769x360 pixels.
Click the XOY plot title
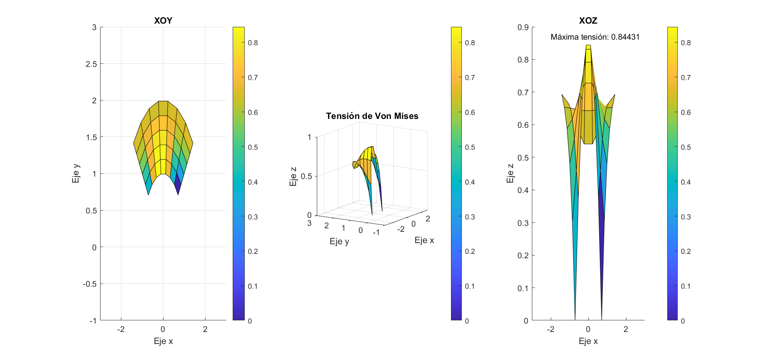point(163,21)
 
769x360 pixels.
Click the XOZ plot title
point(588,21)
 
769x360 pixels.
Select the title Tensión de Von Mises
point(372,116)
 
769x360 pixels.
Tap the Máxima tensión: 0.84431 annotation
point(595,37)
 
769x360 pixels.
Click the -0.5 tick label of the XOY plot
point(90,284)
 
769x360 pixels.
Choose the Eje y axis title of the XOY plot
point(76,173)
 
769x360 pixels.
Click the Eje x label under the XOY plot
point(163,341)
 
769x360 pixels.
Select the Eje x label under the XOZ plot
point(588,341)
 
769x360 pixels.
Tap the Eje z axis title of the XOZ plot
point(510,173)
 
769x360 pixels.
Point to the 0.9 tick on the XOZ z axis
point(523,27)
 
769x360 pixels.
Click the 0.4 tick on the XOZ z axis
point(523,190)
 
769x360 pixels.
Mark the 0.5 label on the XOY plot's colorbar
point(253,147)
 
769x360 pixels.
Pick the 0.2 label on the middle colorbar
point(470,251)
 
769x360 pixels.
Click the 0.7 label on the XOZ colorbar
point(686,78)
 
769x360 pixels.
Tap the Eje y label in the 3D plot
point(339,241)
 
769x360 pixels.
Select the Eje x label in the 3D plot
point(424,240)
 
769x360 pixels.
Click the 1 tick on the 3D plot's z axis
point(309,137)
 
